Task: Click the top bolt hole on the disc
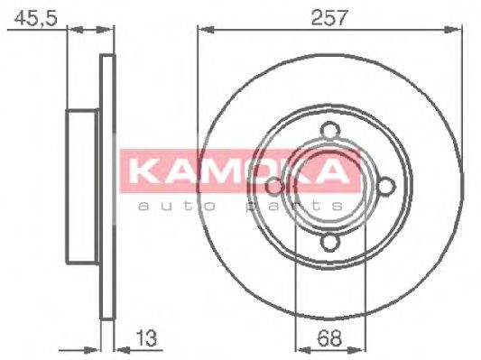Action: (330, 132)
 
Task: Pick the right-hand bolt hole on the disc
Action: (385, 186)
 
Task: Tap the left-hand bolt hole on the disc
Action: (275, 186)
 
